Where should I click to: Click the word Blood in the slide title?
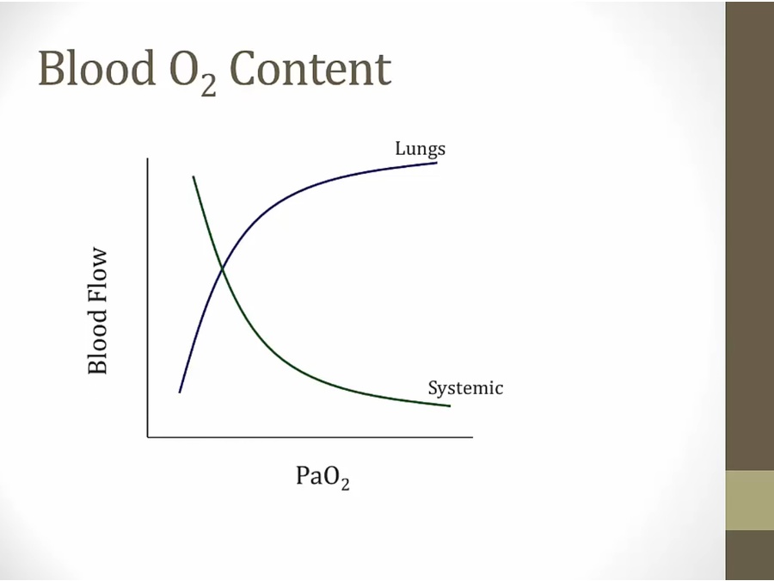pyautogui.click(x=96, y=68)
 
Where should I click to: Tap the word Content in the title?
pyautogui.click(x=310, y=69)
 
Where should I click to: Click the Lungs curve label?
pyautogui.click(x=420, y=148)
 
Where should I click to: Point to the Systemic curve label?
pyautogui.click(x=465, y=388)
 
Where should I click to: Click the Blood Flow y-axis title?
pyautogui.click(x=97, y=312)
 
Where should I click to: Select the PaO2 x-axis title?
pyautogui.click(x=322, y=476)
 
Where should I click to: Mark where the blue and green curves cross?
pyautogui.click(x=223, y=269)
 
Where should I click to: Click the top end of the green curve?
pyautogui.click(x=193, y=176)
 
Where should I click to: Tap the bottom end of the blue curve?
pyautogui.click(x=180, y=392)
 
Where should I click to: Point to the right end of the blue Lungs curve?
pyautogui.click(x=437, y=163)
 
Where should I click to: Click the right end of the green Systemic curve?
pyautogui.click(x=450, y=406)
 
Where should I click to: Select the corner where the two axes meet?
pyautogui.click(x=148, y=437)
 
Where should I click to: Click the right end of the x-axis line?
pyautogui.click(x=472, y=437)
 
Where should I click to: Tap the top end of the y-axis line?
pyautogui.click(x=148, y=158)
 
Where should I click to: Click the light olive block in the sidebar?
pyautogui.click(x=750, y=500)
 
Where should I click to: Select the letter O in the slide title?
pyautogui.click(x=184, y=69)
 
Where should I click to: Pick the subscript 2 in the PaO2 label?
pyautogui.click(x=345, y=483)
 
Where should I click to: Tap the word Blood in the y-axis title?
pyautogui.click(x=97, y=343)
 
